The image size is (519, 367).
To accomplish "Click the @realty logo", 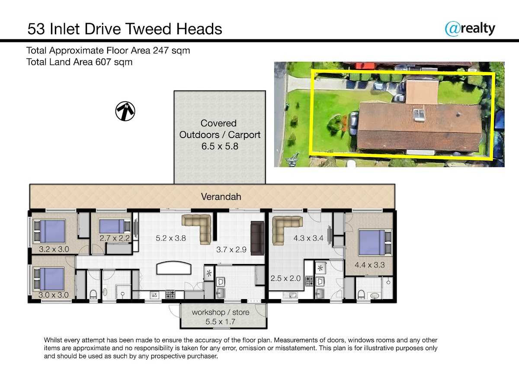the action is [x=470, y=29].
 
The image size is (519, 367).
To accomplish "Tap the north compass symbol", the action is [x=125, y=111].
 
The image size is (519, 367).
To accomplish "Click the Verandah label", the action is [x=221, y=197].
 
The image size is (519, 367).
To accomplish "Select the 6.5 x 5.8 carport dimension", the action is [x=220, y=146].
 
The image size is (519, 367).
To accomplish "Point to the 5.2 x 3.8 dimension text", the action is [x=171, y=238].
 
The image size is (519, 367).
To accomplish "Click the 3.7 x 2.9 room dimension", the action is [x=231, y=250].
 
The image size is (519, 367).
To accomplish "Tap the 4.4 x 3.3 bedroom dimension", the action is [x=369, y=265].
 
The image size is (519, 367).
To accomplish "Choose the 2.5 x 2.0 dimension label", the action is [x=285, y=278].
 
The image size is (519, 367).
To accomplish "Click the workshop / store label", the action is [x=221, y=312].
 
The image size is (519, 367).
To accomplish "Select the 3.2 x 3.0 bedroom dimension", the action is [x=54, y=249].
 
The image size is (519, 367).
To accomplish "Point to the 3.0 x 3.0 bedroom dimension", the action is [x=54, y=295].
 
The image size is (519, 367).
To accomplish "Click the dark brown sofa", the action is [x=257, y=238].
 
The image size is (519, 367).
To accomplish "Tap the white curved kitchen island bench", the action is [x=174, y=268].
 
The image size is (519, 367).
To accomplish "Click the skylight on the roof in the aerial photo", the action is [x=419, y=115].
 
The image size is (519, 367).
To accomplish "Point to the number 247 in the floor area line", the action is [x=160, y=51].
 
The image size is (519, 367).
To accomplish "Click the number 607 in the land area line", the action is [x=103, y=62].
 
